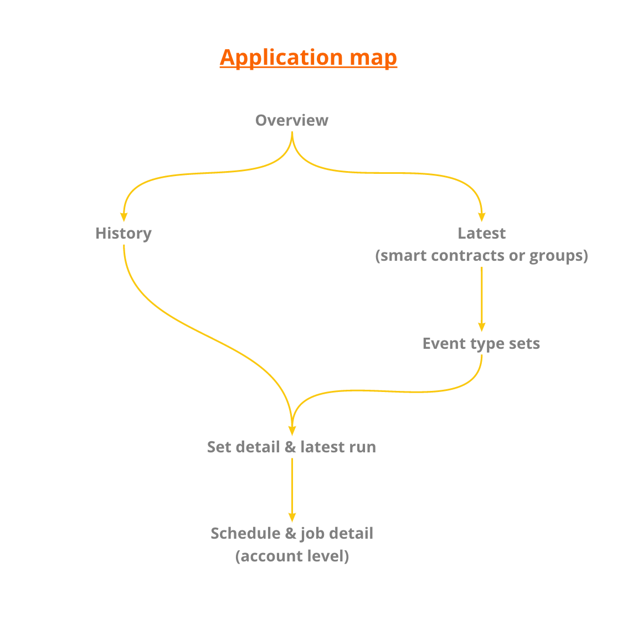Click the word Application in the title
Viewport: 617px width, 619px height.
pyautogui.click(x=281, y=58)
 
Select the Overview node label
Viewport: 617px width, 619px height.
pyautogui.click(x=292, y=120)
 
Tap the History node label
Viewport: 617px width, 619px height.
pyautogui.click(x=124, y=233)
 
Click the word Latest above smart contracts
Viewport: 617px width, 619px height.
pyautogui.click(x=481, y=233)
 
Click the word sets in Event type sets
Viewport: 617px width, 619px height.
pyautogui.click(x=525, y=343)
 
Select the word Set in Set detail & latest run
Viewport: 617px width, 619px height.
pyautogui.click(x=218, y=447)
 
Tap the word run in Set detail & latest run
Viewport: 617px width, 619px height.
pyautogui.click(x=363, y=447)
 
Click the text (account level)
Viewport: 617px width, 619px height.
pyautogui.click(x=292, y=556)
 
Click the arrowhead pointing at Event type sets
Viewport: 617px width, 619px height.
pyautogui.click(x=481, y=327)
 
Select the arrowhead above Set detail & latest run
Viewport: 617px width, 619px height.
pyautogui.click(x=292, y=430)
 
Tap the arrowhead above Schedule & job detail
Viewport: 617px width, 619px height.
pyautogui.click(x=292, y=517)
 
